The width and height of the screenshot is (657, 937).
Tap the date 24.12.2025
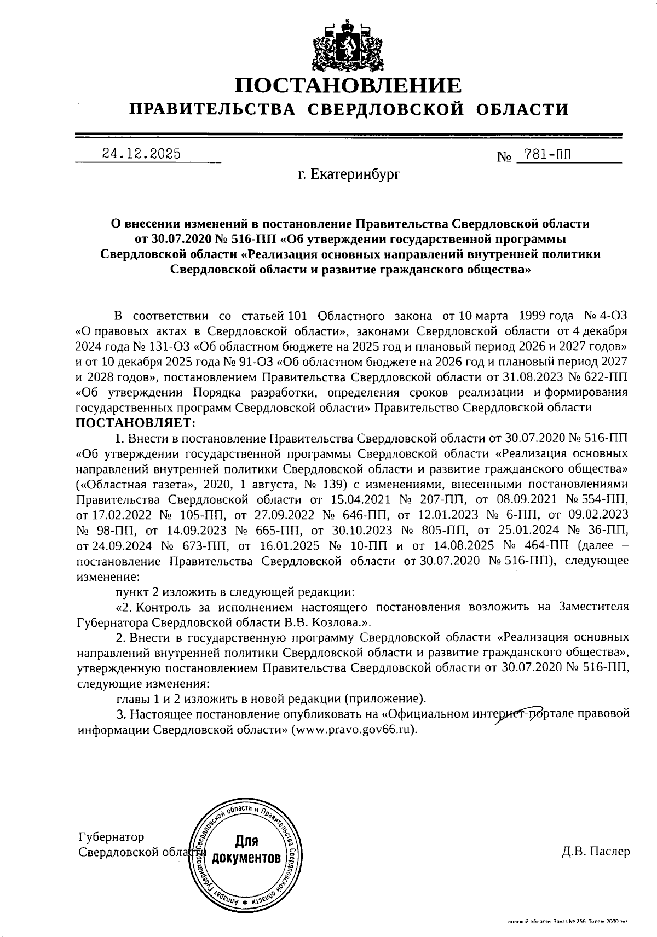pos(142,154)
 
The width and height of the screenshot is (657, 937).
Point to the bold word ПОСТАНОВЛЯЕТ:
pos(135,423)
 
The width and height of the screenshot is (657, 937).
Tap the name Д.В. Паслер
pos(595,852)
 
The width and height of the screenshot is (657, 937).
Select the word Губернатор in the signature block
pos(112,837)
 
